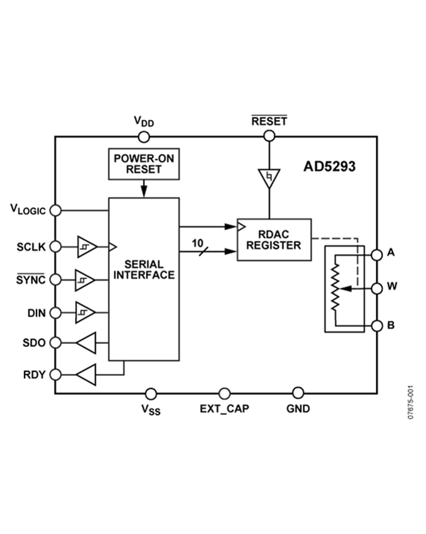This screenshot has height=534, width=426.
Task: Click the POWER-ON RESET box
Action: tap(144, 164)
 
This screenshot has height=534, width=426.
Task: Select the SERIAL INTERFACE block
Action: tap(144, 279)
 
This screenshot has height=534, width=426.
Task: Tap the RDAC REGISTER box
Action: tap(274, 239)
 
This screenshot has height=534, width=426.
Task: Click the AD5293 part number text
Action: tap(329, 167)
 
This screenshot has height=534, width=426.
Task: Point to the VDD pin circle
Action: tap(144, 137)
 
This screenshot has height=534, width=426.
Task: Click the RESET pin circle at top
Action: tap(269, 136)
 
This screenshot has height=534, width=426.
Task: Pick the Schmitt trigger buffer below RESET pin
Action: tap(269, 178)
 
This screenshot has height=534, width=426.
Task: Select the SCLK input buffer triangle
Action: tap(86, 246)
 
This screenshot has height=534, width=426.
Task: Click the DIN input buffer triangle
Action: tap(85, 313)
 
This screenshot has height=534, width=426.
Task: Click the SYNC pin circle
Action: tap(55, 280)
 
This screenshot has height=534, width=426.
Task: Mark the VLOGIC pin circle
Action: tap(55, 210)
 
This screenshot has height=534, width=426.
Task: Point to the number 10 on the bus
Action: tap(198, 243)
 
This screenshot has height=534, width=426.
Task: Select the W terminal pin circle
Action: tap(377, 288)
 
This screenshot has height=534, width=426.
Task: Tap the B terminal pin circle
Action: tap(377, 326)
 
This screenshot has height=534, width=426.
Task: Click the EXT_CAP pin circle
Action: tap(224, 393)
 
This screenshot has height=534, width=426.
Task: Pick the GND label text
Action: tap(298, 408)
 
